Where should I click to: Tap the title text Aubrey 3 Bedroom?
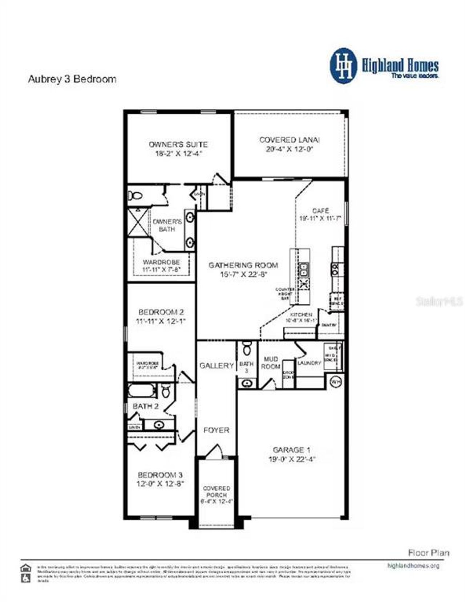[72, 79]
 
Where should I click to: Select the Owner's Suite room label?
[178, 144]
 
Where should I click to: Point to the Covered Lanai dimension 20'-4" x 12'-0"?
[289, 149]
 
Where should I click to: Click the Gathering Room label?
[243, 265]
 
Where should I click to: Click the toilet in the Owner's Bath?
[135, 196]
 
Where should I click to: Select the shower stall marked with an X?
[138, 222]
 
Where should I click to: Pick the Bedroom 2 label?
[161, 312]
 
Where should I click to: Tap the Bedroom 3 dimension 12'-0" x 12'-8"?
[160, 484]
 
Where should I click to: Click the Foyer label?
[216, 430]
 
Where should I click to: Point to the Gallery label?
[216, 366]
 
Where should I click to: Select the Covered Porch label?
[217, 492]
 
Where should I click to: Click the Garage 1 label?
[291, 450]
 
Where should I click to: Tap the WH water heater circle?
[336, 382]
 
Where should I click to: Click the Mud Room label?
[271, 363]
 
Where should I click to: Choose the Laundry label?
[309, 363]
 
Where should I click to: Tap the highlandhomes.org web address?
[413, 566]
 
